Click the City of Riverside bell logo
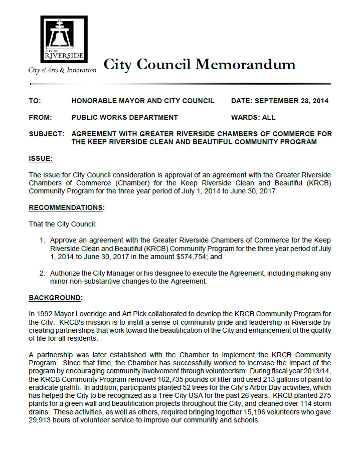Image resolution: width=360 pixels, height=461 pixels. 64,39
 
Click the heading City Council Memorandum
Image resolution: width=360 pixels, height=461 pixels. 200,64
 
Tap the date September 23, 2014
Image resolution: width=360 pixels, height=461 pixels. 291,101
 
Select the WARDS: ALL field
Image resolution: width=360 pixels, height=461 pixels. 253,117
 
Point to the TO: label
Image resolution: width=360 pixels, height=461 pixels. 35,101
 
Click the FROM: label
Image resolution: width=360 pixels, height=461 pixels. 40,117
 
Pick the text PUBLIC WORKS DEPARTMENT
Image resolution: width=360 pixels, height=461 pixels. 124,117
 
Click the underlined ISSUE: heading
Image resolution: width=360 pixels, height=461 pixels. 41,159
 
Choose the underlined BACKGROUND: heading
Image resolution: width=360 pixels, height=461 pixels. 56,298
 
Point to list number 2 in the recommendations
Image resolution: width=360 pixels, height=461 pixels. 43,274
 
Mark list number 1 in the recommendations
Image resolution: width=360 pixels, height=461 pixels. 43,241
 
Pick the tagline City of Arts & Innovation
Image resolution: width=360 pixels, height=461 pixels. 62,71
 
